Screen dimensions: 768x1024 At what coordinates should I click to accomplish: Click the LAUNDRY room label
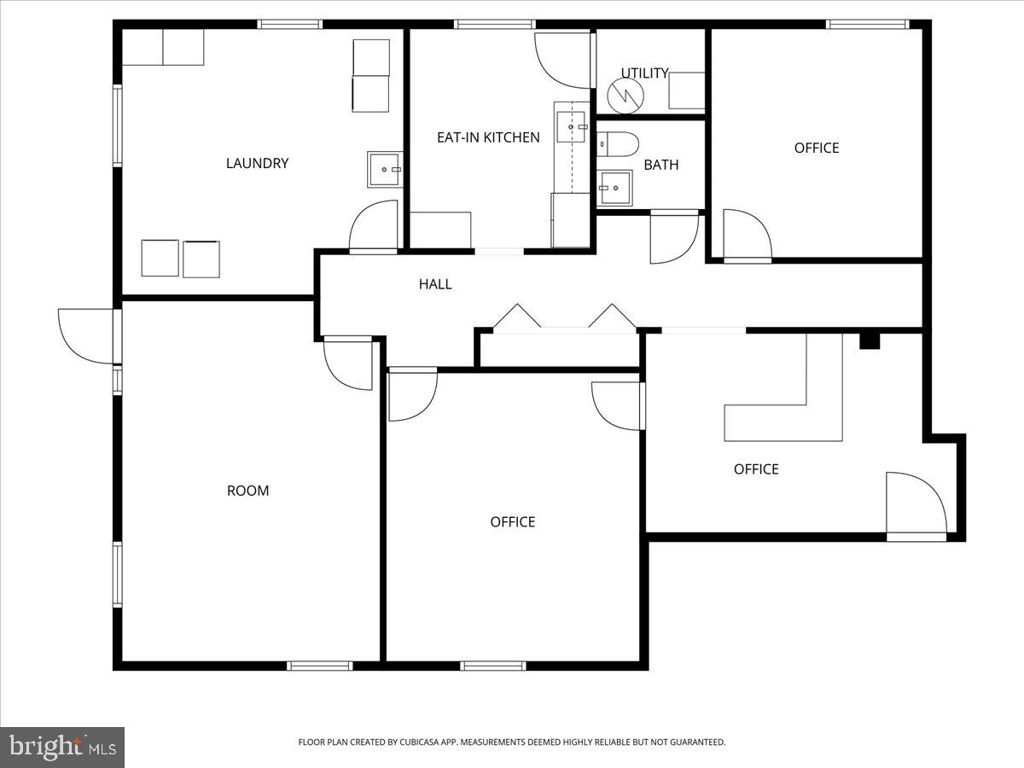click(x=257, y=163)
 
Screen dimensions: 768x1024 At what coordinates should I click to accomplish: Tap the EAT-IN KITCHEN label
click(x=488, y=137)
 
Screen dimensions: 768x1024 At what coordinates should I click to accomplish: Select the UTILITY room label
click(x=644, y=73)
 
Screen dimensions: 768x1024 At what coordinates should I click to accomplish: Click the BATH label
click(x=660, y=165)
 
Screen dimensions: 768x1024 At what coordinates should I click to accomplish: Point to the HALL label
click(x=434, y=284)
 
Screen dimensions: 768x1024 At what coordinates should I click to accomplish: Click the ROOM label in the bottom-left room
click(x=247, y=491)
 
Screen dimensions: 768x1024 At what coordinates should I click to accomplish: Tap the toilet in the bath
click(x=617, y=144)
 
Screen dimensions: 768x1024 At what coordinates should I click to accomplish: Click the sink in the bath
click(x=614, y=188)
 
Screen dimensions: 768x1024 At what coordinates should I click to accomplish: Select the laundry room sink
click(x=385, y=169)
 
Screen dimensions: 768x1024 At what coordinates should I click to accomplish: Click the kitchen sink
click(x=572, y=126)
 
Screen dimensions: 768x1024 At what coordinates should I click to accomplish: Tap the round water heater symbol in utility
click(x=627, y=96)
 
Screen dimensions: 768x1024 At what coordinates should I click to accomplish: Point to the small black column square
click(x=869, y=340)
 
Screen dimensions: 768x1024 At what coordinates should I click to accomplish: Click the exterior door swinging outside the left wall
click(x=85, y=335)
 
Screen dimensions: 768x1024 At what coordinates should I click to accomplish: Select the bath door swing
click(x=673, y=236)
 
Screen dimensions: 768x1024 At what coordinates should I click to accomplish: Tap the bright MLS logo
click(x=62, y=747)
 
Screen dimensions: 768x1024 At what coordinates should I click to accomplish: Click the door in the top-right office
click(x=746, y=236)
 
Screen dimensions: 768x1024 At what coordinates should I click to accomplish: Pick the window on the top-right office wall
click(x=865, y=25)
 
